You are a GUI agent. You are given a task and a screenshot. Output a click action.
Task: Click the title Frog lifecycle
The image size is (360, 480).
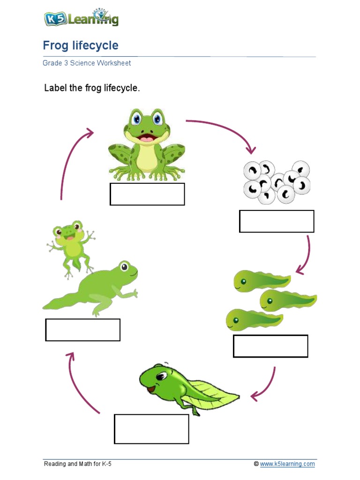point(80,45)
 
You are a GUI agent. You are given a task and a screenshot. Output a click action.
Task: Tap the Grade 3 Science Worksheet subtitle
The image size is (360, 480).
point(87,63)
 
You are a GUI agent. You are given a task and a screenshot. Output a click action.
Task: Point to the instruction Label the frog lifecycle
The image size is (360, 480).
point(92,88)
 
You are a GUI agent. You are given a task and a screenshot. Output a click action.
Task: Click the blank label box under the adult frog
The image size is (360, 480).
point(147,194)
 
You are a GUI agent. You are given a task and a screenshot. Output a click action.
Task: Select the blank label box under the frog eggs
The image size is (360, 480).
point(277,221)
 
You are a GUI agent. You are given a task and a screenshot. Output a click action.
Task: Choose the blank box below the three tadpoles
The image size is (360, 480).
point(270,346)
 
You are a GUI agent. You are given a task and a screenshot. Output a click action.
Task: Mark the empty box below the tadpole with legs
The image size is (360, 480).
point(151,429)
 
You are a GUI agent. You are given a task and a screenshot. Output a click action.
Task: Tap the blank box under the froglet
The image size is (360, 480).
point(82,330)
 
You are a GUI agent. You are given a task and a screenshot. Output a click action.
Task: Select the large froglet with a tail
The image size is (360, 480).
point(94,288)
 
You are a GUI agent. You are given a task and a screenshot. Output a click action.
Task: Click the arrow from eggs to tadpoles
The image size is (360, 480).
point(306,255)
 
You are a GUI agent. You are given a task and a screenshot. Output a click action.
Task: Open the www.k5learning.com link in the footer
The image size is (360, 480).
point(287,464)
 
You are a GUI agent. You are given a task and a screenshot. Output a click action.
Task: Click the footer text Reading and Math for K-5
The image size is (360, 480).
point(78,464)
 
